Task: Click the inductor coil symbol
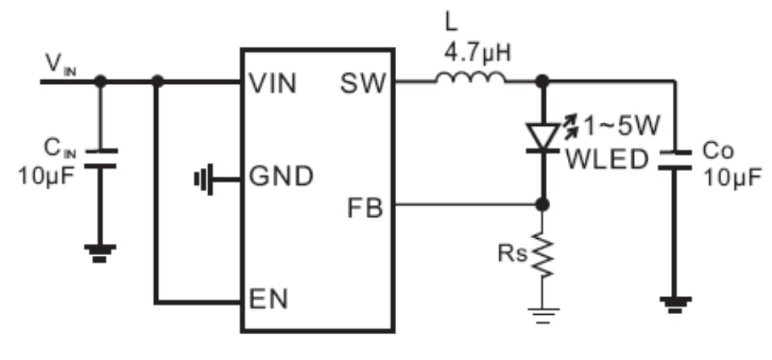[x=471, y=77]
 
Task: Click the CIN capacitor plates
[x=100, y=157]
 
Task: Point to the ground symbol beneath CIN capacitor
[x=100, y=252]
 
